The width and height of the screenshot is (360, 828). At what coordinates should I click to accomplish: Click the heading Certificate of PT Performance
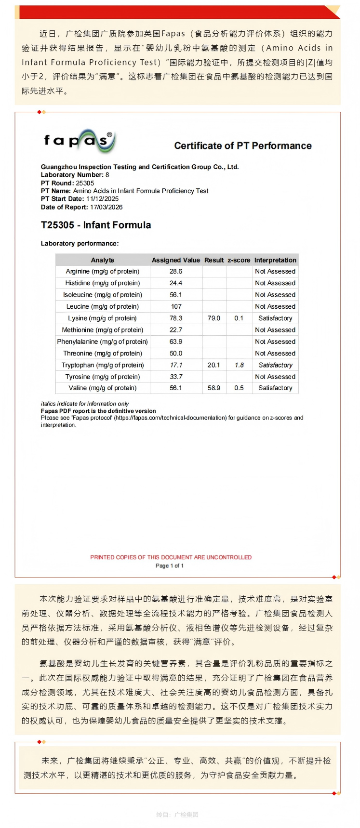pos(242,146)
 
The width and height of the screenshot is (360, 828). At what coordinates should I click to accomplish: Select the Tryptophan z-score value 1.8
pos(239,365)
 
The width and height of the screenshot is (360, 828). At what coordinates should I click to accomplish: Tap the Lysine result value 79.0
pos(213,318)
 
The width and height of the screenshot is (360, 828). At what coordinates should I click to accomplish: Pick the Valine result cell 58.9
pos(213,388)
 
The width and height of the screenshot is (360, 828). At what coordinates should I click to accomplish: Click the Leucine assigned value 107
pos(176,306)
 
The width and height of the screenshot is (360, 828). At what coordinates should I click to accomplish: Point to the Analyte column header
pos(103,260)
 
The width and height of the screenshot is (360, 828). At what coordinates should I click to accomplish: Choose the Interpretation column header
pos(275,260)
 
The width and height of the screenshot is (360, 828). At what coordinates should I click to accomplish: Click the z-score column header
pos(239,260)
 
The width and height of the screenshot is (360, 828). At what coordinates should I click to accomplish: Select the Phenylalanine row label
pos(103,342)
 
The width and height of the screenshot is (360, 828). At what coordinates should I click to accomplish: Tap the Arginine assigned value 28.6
pos(176,272)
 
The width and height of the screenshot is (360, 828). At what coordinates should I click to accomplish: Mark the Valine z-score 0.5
pos(239,388)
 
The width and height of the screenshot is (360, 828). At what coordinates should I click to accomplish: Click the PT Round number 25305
pos(85,183)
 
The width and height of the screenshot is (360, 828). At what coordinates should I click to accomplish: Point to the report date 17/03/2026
pos(107,207)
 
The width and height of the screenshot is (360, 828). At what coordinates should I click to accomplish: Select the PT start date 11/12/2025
pos(102,199)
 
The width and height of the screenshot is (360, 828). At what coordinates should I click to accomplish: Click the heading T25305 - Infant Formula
pos(96,225)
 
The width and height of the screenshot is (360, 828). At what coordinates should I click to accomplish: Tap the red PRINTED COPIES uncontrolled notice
pos(171,557)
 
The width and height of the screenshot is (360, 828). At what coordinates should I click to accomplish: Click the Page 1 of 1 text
pos(170,565)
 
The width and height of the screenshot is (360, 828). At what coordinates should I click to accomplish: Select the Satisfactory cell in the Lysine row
pos(275,318)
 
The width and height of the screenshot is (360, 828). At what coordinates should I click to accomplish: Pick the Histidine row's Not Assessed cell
pos(275,283)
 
